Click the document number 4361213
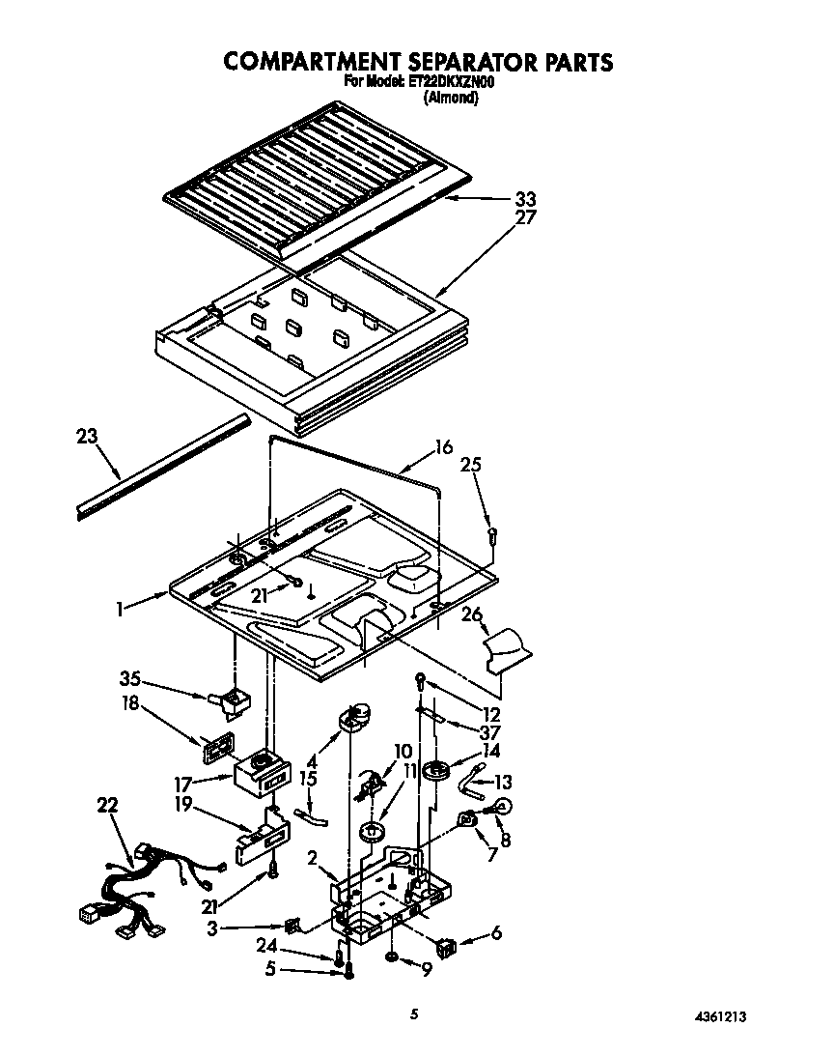pyautogui.click(x=719, y=1017)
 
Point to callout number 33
pyautogui.click(x=526, y=199)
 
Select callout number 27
pyautogui.click(x=526, y=217)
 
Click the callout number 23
pyautogui.click(x=87, y=436)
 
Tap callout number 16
pyautogui.click(x=443, y=446)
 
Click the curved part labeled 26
pyautogui.click(x=505, y=647)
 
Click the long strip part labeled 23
pyautogui.click(x=164, y=469)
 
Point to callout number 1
pyautogui.click(x=120, y=609)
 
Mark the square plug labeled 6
pyautogui.click(x=447, y=948)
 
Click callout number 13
pyautogui.click(x=503, y=783)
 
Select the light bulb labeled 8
pyautogui.click(x=502, y=806)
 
